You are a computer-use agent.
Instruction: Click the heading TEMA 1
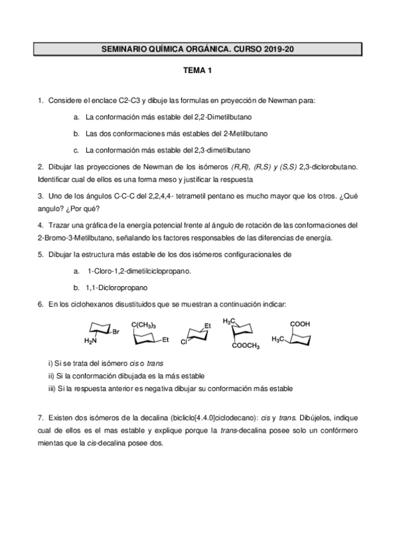197,72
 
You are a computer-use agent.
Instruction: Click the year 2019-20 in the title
282,49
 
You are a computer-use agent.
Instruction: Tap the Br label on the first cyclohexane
115,332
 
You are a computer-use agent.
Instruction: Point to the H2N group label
90,341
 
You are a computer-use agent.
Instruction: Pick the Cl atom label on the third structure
185,343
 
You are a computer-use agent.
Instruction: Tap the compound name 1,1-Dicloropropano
117,287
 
